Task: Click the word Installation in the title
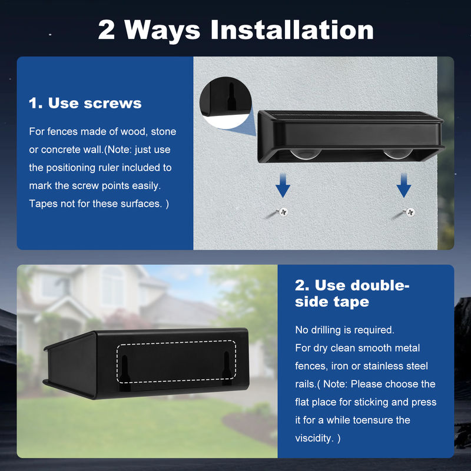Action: click(292, 29)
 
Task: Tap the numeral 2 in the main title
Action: click(107, 30)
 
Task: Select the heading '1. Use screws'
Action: click(85, 103)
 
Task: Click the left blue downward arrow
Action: click(283, 185)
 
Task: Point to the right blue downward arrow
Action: click(404, 185)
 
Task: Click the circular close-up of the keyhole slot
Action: click(225, 102)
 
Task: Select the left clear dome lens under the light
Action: click(306, 154)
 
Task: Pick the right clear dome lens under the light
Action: click(398, 154)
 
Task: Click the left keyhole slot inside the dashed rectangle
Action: click(125, 372)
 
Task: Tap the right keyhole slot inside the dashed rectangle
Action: click(227, 369)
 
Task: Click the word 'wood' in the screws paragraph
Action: click(134, 131)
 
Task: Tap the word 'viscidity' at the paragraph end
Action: click(313, 438)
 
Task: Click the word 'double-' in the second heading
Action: click(362, 286)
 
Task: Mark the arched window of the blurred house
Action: click(112, 286)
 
